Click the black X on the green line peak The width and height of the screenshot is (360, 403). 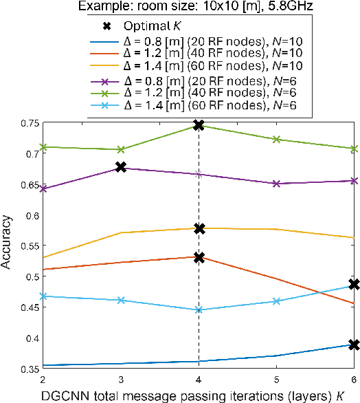click(x=199, y=125)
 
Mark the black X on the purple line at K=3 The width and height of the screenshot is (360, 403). click(x=121, y=167)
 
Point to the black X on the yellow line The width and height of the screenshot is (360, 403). click(x=199, y=228)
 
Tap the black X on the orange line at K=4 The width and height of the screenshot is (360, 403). click(x=199, y=257)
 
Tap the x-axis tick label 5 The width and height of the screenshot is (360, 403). click(x=276, y=380)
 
